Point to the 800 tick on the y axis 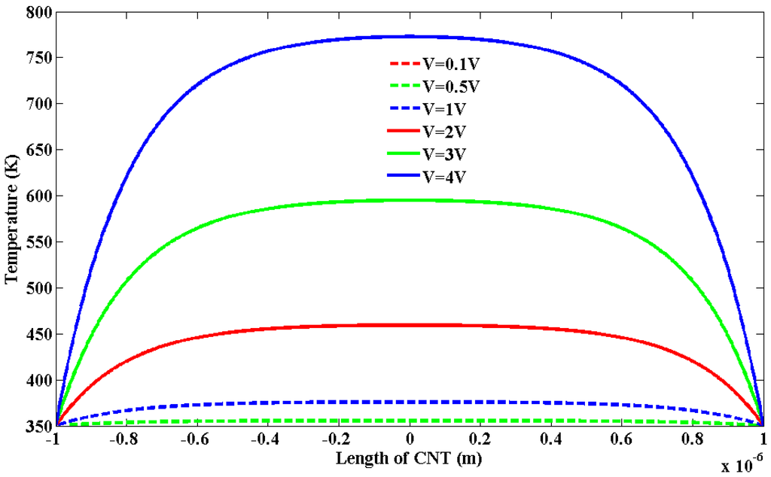coord(38,11)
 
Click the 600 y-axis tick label coord(38,196)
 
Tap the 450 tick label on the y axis coord(38,335)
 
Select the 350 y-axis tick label coord(38,427)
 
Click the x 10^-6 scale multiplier coord(744,465)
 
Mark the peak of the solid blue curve coord(410,36)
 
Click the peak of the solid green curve coord(410,200)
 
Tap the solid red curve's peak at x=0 coord(410,325)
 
